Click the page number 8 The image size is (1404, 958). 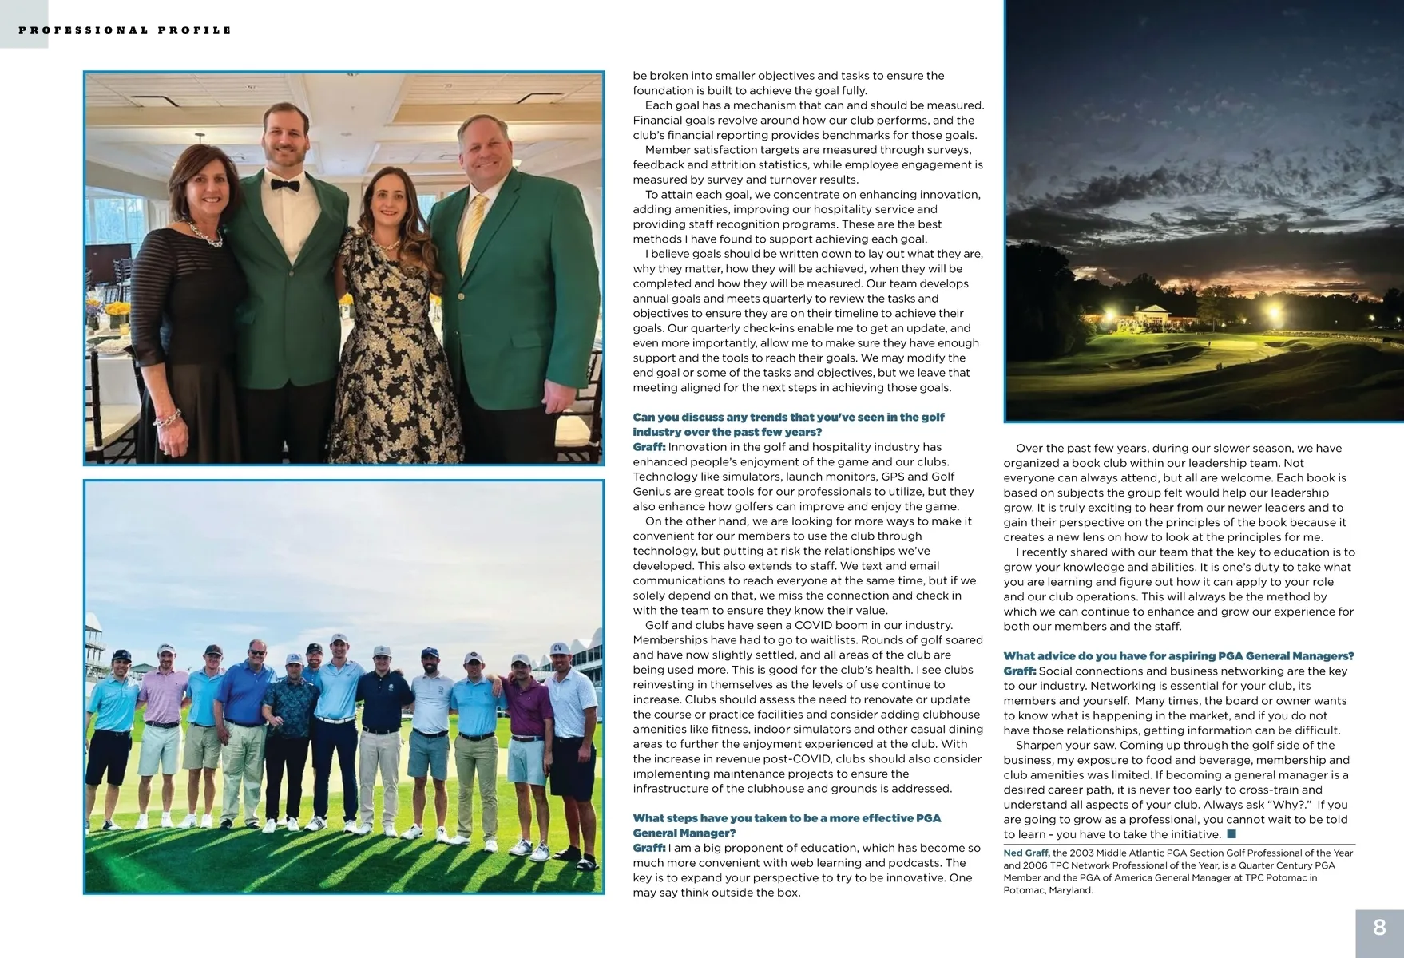click(x=1379, y=928)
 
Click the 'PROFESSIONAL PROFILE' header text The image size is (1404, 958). click(x=125, y=30)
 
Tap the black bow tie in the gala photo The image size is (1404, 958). click(x=284, y=185)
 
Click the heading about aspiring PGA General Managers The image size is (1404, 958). click(x=1178, y=656)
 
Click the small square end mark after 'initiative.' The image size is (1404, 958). click(x=1231, y=834)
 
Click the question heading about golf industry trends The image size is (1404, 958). click(x=787, y=424)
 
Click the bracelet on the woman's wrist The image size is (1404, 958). click(x=167, y=418)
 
